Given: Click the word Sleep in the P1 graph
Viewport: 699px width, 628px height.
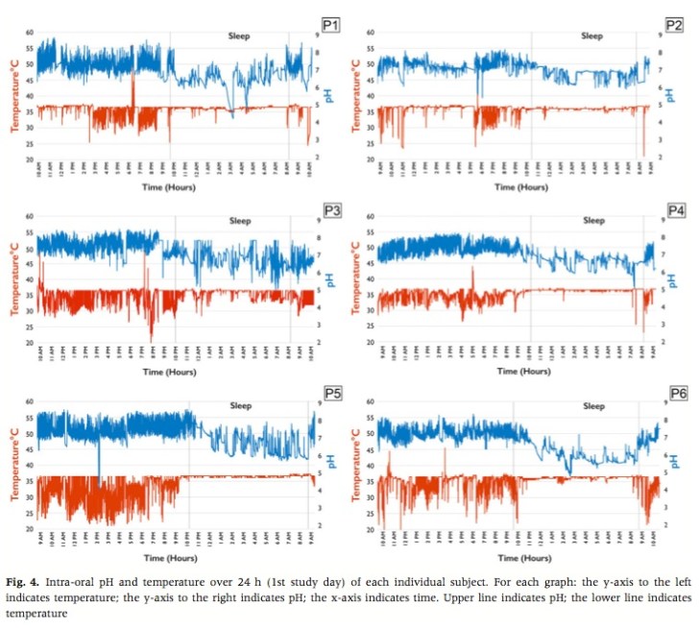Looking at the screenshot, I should [x=238, y=36].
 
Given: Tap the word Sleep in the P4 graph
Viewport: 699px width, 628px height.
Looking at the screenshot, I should [x=594, y=220].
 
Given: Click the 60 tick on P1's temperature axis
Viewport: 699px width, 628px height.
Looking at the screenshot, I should [x=29, y=33].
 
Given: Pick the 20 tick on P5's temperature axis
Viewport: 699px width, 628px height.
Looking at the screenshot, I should [x=29, y=529].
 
